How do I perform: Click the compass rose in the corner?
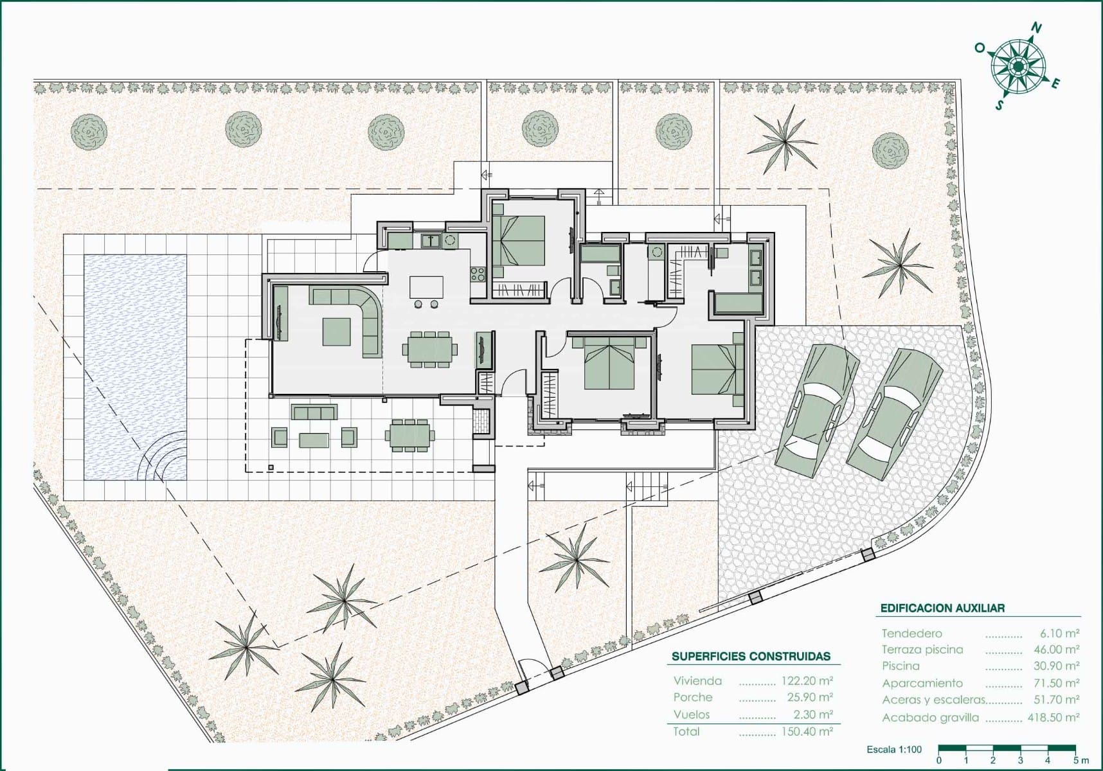(1018, 66)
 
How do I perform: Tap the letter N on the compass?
(1036, 28)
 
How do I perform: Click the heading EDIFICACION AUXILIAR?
(942, 608)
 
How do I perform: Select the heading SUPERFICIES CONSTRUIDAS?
(751, 657)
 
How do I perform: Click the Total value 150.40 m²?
(807, 731)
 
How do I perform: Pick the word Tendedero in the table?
(912, 634)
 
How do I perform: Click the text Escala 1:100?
(894, 749)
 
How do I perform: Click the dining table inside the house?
(431, 350)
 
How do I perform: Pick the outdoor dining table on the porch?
(409, 435)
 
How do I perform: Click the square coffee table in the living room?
(337, 332)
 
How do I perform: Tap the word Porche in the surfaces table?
(693, 697)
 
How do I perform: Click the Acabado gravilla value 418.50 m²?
(1054, 717)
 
